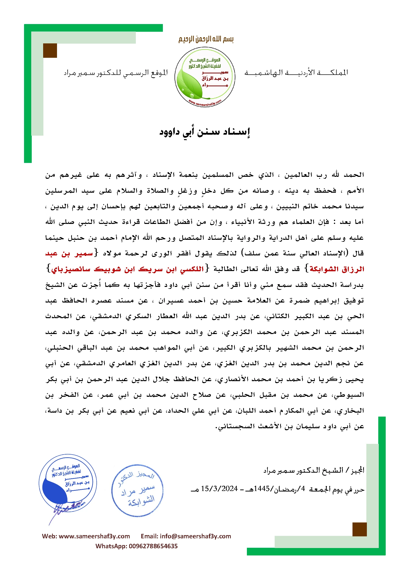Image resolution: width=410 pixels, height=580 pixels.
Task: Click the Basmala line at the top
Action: point(206,39)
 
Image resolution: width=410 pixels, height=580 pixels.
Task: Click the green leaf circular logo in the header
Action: point(205,77)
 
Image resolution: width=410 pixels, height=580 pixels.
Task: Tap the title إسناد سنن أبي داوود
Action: point(205,132)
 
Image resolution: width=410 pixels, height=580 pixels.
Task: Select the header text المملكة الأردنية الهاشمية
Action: point(296,73)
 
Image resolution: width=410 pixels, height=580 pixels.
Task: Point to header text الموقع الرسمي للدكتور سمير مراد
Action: point(116,73)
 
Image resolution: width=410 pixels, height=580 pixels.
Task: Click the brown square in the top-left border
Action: point(50,51)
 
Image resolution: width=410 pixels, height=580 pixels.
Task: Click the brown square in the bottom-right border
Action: point(359,529)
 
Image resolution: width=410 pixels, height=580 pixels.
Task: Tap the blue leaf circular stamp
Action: point(68,483)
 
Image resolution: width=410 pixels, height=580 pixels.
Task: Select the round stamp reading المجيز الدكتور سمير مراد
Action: point(137,490)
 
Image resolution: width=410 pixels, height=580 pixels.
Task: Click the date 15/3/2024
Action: point(219,488)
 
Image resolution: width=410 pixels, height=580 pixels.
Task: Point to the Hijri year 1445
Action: point(262,488)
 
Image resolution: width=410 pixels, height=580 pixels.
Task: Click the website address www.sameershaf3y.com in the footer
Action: point(94,536)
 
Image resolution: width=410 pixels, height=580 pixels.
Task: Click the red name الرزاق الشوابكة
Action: point(337,269)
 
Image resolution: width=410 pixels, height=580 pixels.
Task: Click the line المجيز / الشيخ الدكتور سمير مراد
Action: point(314,470)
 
